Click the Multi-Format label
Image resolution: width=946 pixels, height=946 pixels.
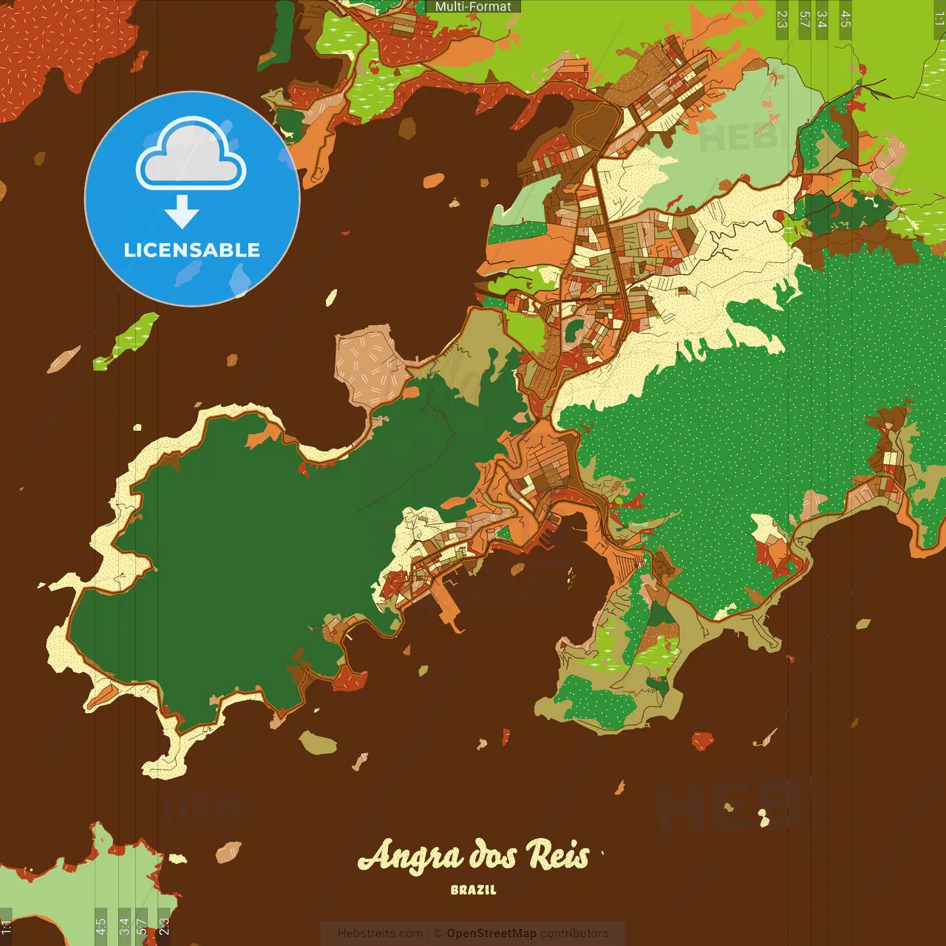point(473,7)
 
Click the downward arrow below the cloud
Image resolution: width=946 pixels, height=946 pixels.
point(182,213)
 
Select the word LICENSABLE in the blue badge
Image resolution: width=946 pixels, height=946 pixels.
point(192,250)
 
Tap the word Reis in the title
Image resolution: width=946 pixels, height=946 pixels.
point(558,856)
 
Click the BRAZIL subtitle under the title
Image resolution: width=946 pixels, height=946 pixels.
point(474,891)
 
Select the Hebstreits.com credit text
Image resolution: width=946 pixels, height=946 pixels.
point(380,933)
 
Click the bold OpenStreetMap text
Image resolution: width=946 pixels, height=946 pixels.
point(491,933)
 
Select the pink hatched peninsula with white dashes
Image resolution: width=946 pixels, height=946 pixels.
point(370,365)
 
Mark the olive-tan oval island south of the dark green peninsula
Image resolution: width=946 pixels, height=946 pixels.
point(318,742)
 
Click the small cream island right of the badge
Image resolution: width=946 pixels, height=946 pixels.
point(331,298)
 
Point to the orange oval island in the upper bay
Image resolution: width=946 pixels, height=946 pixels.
point(434,180)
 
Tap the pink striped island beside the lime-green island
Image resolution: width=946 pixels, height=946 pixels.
point(64,359)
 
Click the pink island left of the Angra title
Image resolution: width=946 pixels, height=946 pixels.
point(228,851)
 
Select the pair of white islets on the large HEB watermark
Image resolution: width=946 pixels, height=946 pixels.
point(763,817)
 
